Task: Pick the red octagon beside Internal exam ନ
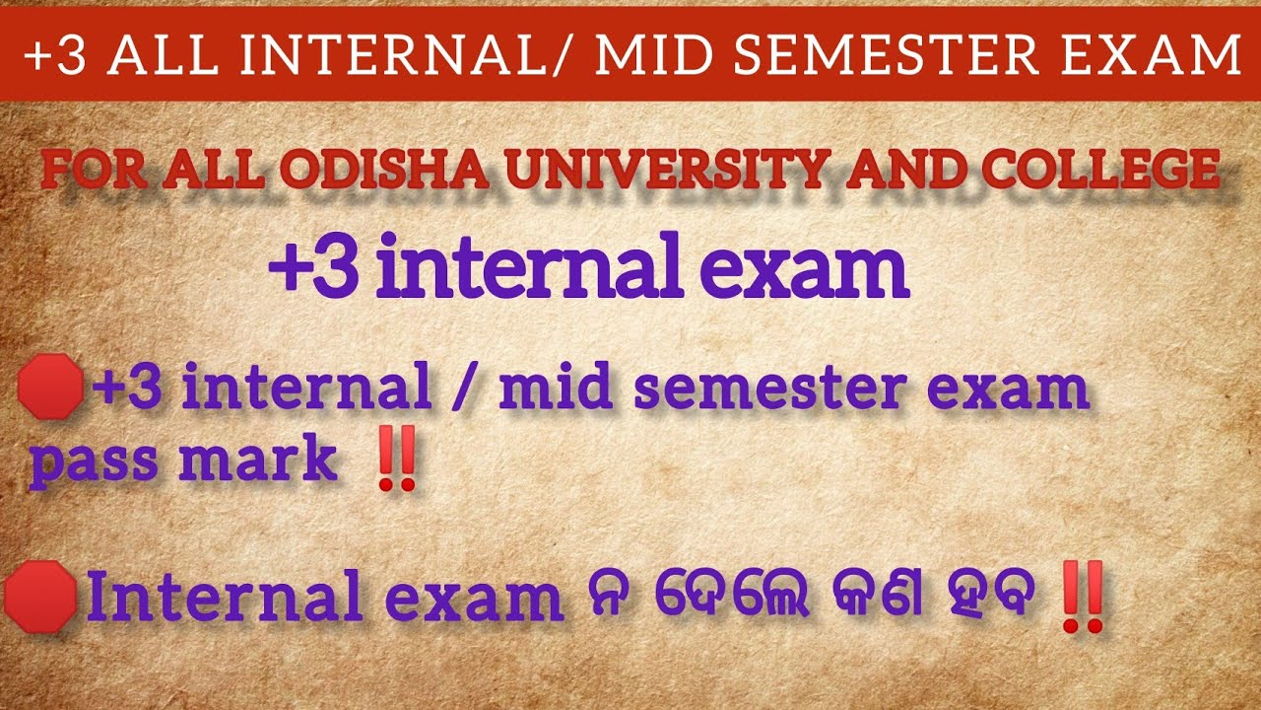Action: pyautogui.click(x=40, y=598)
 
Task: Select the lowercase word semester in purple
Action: pyautogui.click(x=767, y=390)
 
